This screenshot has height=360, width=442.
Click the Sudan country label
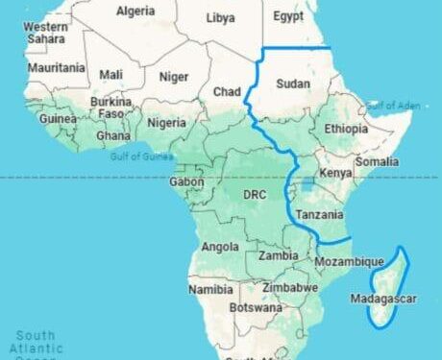coord(293,84)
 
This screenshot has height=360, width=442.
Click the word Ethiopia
coord(346,129)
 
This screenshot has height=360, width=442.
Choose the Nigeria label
coord(166,123)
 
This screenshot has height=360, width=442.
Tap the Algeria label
coord(136,12)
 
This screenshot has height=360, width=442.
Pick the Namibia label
coord(209,289)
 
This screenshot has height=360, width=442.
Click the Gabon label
coord(185,181)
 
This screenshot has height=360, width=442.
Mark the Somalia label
coord(376,161)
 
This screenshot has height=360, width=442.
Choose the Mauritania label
coord(57,69)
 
